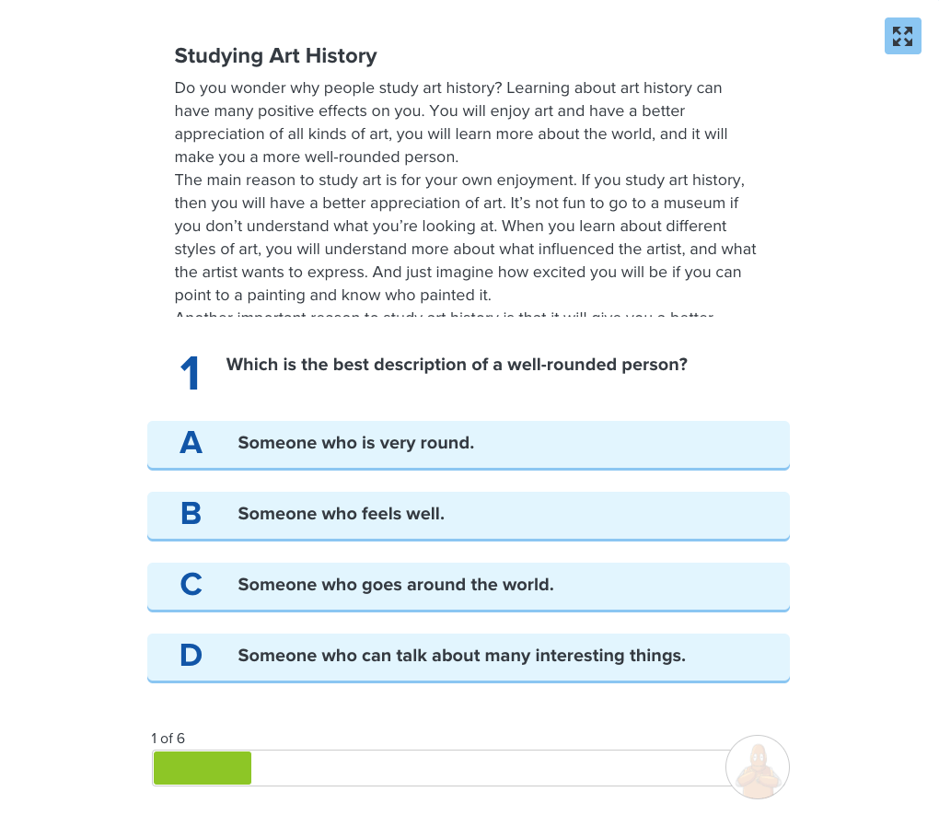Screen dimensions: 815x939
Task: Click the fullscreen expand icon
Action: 902,36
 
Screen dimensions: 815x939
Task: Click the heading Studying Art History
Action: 275,56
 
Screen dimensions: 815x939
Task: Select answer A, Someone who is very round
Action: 468,444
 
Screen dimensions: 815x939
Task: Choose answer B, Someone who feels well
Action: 468,515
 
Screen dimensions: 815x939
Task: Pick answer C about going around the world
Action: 468,586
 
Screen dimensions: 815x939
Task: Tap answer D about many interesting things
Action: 468,657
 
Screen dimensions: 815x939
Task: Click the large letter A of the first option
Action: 191,443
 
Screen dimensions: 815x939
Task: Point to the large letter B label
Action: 191,514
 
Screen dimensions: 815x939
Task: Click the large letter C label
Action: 191,585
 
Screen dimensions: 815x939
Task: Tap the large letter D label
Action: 191,656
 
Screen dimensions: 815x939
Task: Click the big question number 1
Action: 190,374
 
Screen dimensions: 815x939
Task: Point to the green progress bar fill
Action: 203,768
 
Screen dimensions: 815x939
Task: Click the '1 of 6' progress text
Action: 168,739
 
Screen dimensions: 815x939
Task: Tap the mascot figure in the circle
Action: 758,767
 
